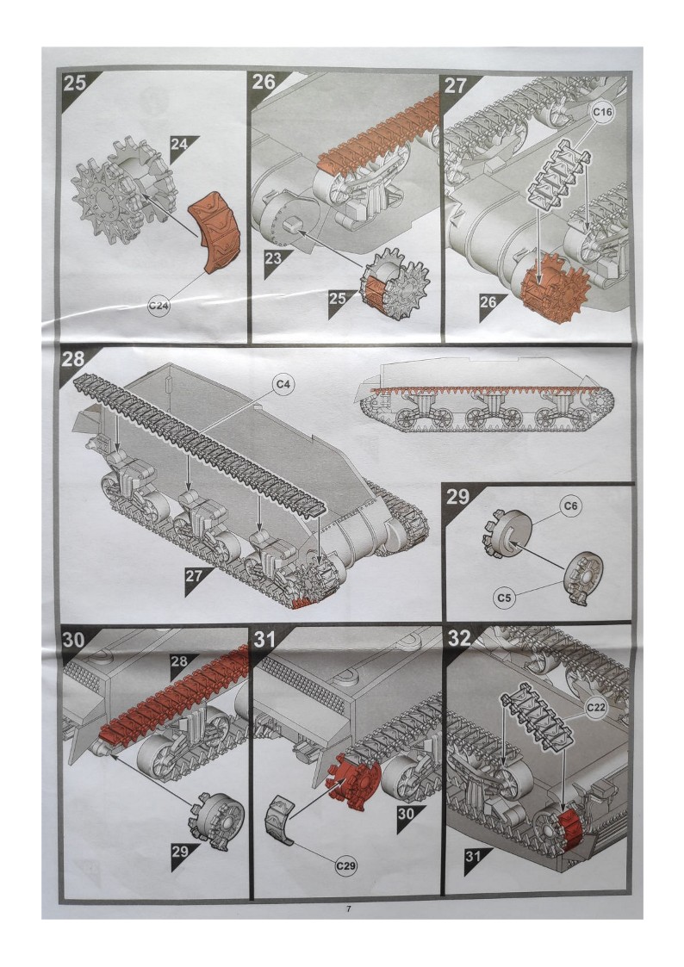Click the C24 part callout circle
pyautogui.click(x=159, y=306)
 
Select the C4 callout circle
pyautogui.click(x=283, y=385)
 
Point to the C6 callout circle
pyautogui.click(x=571, y=505)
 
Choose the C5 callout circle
pyautogui.click(x=505, y=598)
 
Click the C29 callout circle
pyautogui.click(x=346, y=866)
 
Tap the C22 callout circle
pyautogui.click(x=595, y=707)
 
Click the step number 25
pyautogui.click(x=75, y=84)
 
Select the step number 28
pyautogui.click(x=72, y=360)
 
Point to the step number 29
pyautogui.click(x=457, y=497)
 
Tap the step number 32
pyautogui.click(x=459, y=638)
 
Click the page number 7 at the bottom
pyautogui.click(x=349, y=908)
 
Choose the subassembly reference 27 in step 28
pyautogui.click(x=194, y=577)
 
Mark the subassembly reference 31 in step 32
pyautogui.click(x=473, y=857)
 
